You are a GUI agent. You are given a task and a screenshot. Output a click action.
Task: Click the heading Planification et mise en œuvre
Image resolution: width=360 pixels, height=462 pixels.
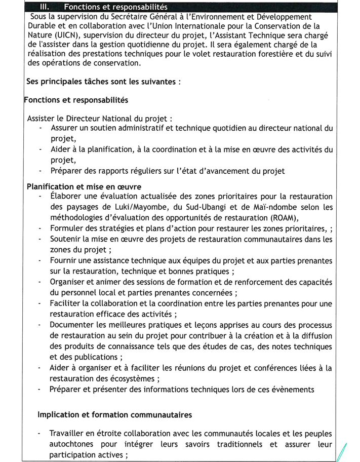[84, 186]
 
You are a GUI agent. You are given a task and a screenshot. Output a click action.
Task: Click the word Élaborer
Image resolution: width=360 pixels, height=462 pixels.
[68, 196]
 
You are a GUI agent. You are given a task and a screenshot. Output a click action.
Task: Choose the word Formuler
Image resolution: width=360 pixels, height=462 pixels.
[68, 229]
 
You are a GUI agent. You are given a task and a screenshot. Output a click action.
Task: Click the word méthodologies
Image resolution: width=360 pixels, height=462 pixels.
[81, 218]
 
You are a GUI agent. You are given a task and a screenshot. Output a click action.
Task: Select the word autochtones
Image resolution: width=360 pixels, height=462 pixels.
[74, 444]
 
